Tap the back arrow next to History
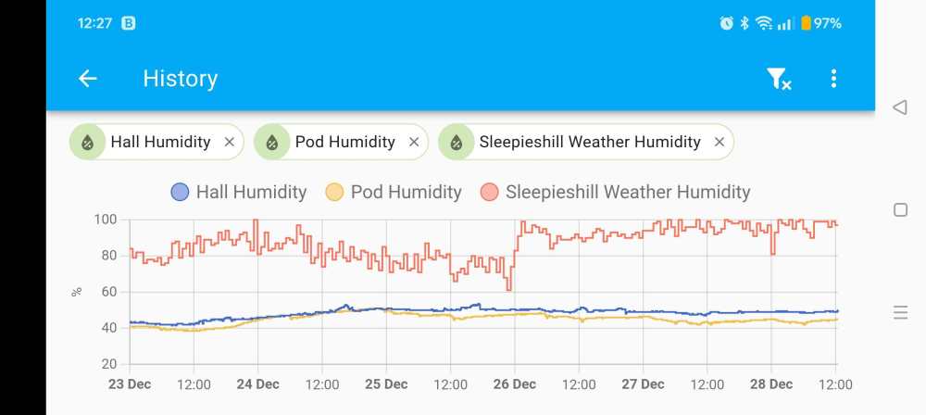click(88, 79)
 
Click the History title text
click(180, 79)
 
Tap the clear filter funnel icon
click(778, 80)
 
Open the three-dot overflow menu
click(833, 79)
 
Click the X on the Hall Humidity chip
click(229, 143)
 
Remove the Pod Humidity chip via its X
click(414, 143)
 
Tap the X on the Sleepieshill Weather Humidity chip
click(719, 143)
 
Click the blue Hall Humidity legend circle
click(180, 193)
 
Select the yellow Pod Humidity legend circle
click(334, 193)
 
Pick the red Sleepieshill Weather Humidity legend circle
click(489, 193)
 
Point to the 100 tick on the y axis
click(105, 220)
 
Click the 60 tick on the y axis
click(108, 292)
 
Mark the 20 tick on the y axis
click(108, 364)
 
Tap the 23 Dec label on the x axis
click(129, 384)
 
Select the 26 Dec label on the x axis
click(514, 384)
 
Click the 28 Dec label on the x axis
click(770, 384)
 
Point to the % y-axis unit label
click(76, 292)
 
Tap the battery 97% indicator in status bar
click(820, 23)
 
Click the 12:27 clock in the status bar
click(94, 23)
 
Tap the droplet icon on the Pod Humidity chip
click(271, 143)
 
